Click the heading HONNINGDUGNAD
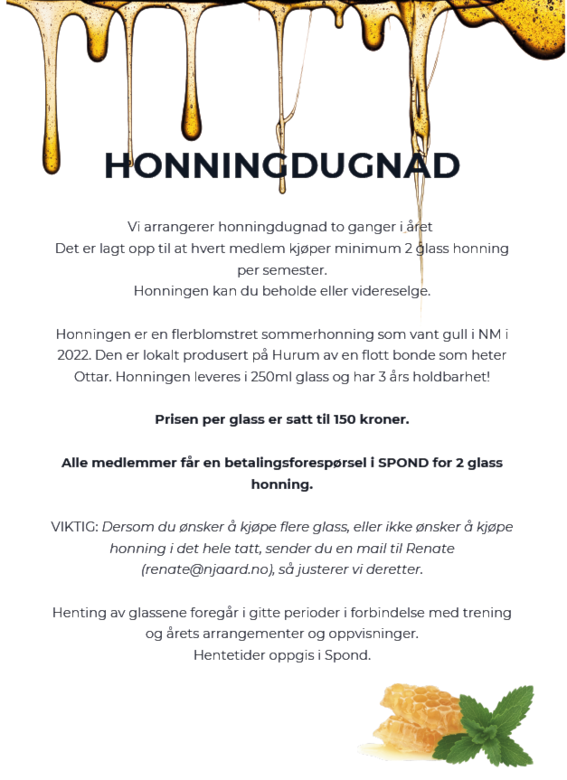(282, 166)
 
